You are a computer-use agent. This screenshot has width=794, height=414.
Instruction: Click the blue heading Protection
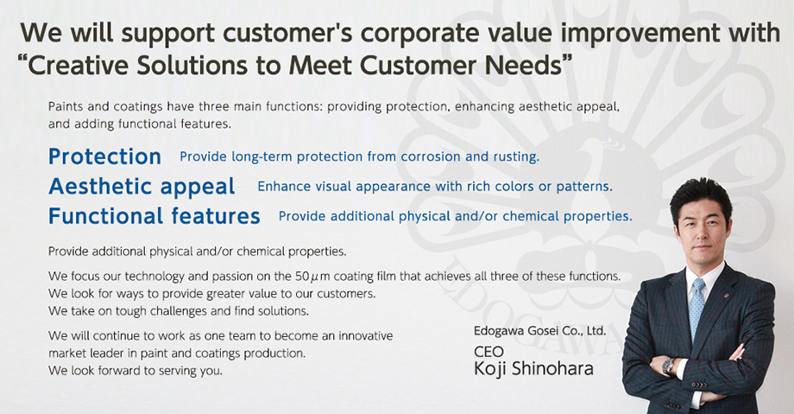click(104, 156)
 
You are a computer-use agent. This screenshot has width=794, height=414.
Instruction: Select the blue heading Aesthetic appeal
click(142, 187)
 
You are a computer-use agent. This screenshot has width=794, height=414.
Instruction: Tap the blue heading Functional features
click(154, 216)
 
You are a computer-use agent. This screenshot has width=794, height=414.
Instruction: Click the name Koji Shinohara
click(533, 369)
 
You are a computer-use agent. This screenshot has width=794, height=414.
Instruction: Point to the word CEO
click(488, 352)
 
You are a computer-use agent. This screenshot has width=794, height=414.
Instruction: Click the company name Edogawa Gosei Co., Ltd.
click(539, 331)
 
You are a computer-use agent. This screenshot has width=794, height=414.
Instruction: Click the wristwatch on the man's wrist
click(669, 366)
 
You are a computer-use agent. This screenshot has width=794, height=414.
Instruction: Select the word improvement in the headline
click(640, 33)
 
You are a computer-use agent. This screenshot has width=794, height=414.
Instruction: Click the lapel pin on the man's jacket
click(726, 296)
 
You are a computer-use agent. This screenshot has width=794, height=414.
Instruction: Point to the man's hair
click(701, 195)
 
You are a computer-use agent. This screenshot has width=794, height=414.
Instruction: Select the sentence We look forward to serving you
click(135, 371)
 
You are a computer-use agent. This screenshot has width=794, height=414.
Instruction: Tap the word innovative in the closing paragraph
click(366, 336)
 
